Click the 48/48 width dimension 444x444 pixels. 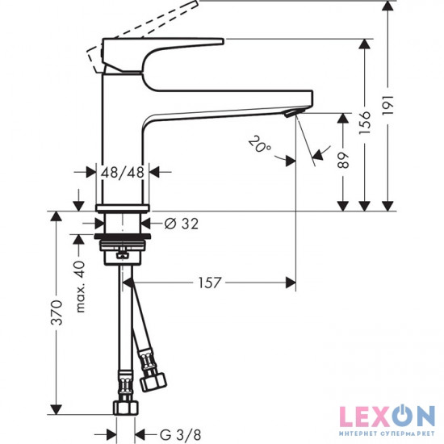(122, 171)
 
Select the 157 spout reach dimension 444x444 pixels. (206, 283)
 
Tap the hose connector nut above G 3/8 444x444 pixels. (125, 385)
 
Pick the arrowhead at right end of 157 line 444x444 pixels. (290, 283)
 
